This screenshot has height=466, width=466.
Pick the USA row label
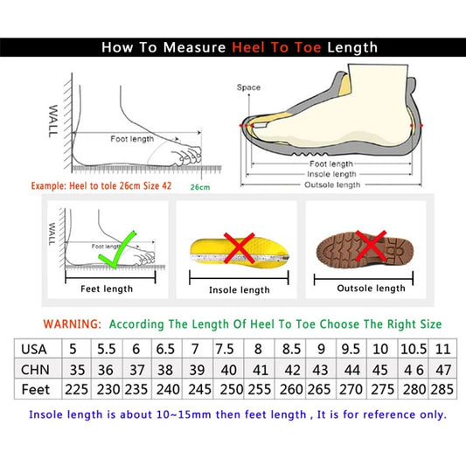pos(35,347)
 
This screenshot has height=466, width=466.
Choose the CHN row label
pos(35,368)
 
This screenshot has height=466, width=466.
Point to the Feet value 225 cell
pos(76,389)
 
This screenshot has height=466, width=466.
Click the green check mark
pos(119,247)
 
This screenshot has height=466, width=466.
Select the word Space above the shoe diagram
pos(248,87)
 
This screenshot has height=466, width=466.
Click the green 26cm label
pos(200,188)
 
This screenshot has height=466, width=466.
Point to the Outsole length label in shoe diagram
pos(332,184)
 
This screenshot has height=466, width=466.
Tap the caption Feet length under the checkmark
pos(107,289)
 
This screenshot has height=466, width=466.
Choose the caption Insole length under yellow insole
pos(239,289)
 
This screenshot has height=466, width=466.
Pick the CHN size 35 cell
pos(76,368)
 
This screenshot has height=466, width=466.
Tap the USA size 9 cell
pos(321,347)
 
